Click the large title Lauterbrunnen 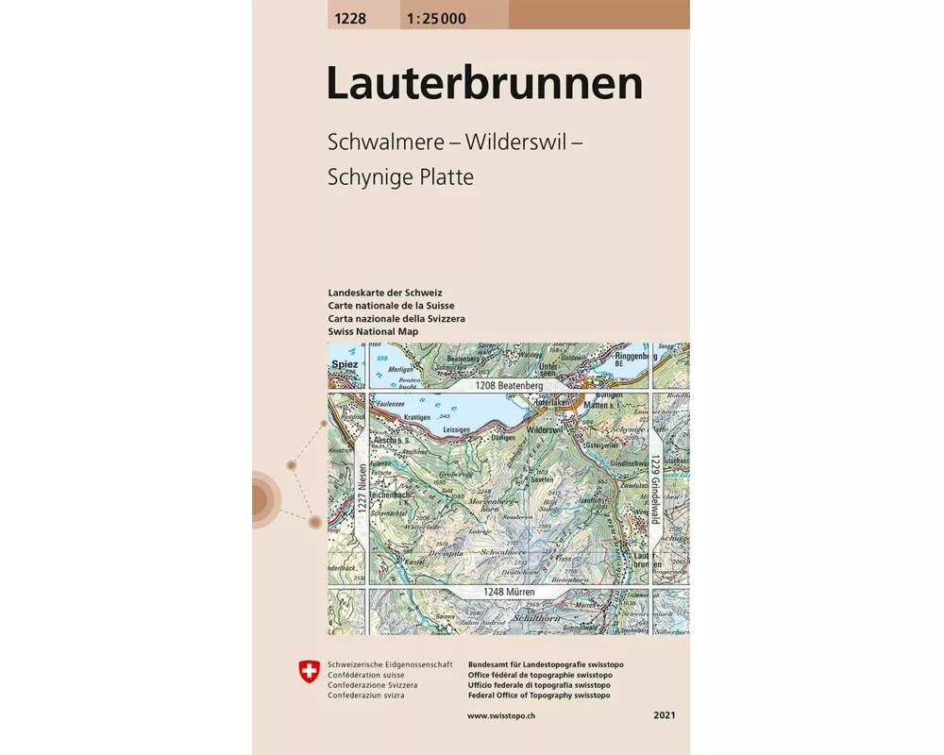484,83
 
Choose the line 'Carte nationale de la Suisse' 391,306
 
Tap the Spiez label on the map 343,362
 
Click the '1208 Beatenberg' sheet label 509,386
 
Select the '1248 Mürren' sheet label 511,592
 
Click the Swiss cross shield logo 309,672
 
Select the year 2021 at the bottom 664,716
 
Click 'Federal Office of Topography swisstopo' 538,696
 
